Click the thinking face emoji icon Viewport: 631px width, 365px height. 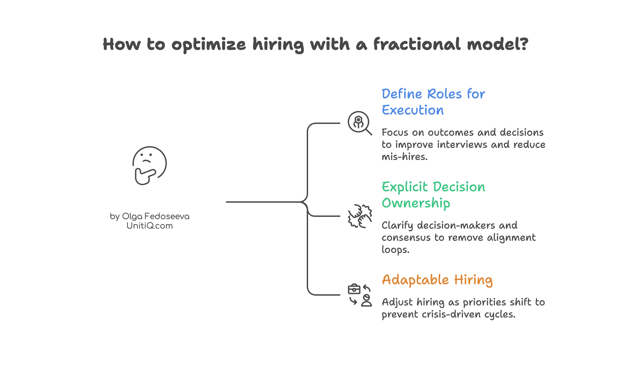click(x=149, y=165)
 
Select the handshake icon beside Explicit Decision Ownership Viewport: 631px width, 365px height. click(x=360, y=216)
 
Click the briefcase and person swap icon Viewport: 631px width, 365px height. click(x=360, y=295)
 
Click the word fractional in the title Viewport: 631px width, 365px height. click(x=417, y=44)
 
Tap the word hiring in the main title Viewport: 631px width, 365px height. click(x=278, y=45)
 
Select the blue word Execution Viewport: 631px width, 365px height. click(x=413, y=110)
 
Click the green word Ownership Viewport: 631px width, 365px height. click(x=416, y=203)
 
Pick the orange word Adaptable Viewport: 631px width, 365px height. click(x=415, y=280)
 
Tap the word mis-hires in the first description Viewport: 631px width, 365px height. click(x=404, y=157)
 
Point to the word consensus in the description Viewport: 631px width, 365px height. click(x=406, y=237)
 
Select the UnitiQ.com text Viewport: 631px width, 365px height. click(x=150, y=226)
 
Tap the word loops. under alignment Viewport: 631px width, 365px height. click(x=395, y=250)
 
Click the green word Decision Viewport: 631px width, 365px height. click(x=459, y=187)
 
